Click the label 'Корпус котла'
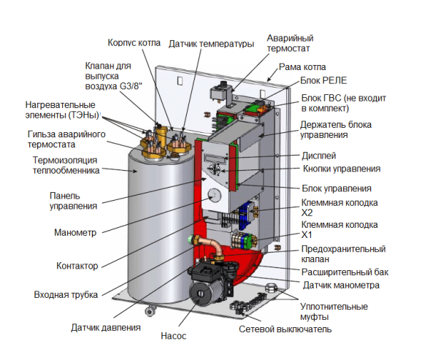pos(136,42)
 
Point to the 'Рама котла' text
pos(301,65)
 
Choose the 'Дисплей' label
pos(319,156)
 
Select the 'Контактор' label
pos(77,265)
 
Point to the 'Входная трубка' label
pos(66,296)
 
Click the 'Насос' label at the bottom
pos(173,337)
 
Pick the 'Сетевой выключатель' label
pos(285,330)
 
